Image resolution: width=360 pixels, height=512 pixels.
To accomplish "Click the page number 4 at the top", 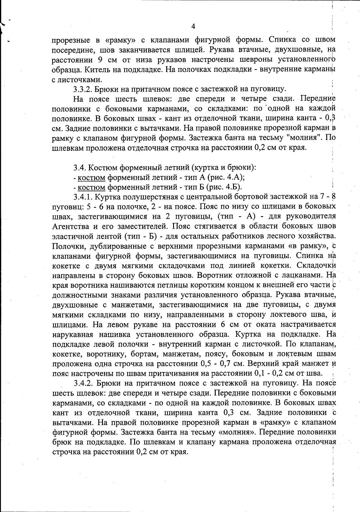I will pyautogui.click(x=193, y=27).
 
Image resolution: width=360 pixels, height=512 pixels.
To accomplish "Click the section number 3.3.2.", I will pyautogui.click(x=83, y=89).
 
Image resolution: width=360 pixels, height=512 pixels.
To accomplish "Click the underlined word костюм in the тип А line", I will pyautogui.click(x=91, y=177).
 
